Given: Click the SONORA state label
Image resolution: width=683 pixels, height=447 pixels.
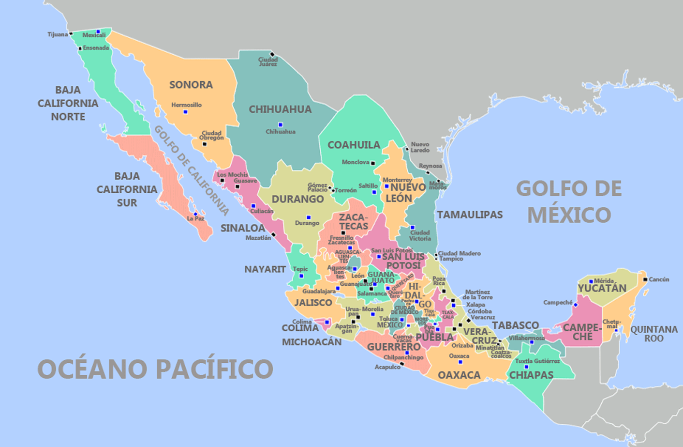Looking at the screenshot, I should click(x=191, y=85).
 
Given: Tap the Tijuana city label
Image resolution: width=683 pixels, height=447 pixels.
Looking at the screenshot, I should click(x=58, y=34).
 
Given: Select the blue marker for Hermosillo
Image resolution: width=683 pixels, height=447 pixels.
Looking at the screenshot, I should click(x=185, y=112).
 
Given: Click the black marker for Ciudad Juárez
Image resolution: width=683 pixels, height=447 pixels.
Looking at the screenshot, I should click(x=272, y=54).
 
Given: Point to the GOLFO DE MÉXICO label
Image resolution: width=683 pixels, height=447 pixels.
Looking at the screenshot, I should click(x=569, y=201).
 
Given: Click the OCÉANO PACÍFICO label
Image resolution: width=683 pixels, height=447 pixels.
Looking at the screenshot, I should click(x=155, y=369).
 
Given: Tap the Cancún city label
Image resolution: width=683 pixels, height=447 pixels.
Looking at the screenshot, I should click(x=659, y=279).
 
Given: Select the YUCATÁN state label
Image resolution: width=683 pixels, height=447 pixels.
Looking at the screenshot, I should click(x=602, y=289).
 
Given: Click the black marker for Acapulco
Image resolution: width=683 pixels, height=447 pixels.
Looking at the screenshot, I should click(x=401, y=364).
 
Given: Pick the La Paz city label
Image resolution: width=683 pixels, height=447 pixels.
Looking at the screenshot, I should click(x=195, y=219).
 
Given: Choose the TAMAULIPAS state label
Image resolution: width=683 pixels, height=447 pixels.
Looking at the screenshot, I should click(x=470, y=215).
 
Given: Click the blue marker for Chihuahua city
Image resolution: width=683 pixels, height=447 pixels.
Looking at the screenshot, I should click(x=280, y=124).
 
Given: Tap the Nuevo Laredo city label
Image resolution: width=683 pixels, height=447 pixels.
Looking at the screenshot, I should click(x=420, y=147).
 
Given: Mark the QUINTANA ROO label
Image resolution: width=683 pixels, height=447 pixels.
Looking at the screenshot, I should click(x=653, y=334).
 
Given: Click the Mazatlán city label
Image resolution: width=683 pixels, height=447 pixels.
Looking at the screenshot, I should click(x=258, y=238).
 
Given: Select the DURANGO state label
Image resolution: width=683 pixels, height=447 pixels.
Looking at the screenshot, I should click(x=297, y=199).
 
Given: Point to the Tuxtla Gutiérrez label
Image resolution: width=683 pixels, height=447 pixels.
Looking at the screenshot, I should click(x=537, y=361).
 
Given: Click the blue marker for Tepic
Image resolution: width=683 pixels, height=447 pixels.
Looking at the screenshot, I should click(x=301, y=276).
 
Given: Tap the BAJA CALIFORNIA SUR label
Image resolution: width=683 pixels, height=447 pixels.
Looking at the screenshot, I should click(x=127, y=189).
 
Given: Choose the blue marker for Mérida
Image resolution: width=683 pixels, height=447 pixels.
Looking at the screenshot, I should click(x=591, y=281).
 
